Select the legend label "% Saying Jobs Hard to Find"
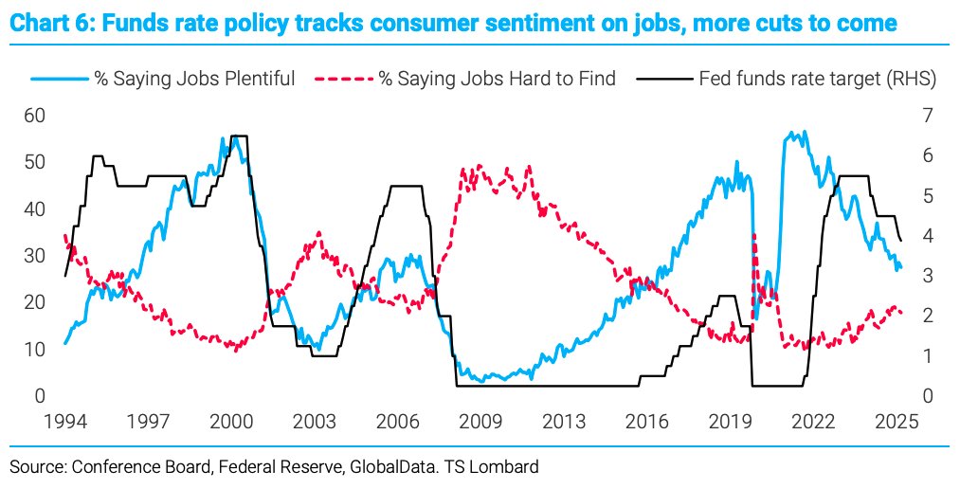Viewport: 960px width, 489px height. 498,79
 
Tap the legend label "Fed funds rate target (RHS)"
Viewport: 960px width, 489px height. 817,79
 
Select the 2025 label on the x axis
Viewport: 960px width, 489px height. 895,420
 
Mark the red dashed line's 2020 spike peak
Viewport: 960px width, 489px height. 753,234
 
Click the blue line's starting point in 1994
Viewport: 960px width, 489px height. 64,343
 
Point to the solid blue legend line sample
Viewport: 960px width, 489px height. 59,79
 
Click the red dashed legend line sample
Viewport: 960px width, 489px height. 343,79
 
